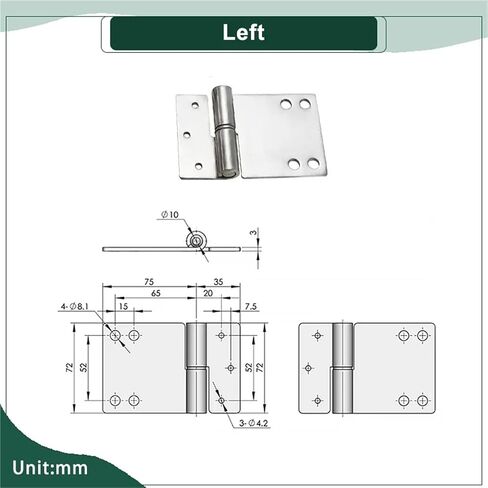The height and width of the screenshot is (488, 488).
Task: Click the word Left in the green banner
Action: (243, 32)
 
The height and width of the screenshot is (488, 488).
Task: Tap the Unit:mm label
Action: (50, 468)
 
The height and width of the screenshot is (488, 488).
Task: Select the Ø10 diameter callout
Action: (170, 214)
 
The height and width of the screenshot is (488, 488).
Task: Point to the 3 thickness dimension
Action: (254, 232)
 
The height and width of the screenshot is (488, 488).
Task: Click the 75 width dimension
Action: (149, 282)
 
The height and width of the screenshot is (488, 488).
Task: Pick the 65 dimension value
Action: (156, 293)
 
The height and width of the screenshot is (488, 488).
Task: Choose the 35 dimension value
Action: (218, 282)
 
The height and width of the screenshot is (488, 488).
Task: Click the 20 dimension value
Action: (208, 293)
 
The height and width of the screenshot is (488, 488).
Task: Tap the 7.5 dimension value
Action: (251, 306)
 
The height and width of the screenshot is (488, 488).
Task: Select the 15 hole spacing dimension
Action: (123, 306)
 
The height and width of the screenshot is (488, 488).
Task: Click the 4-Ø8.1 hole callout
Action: (75, 306)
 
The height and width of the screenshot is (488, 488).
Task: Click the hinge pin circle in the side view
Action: (197, 240)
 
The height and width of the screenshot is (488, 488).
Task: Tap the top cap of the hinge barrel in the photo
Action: (221, 89)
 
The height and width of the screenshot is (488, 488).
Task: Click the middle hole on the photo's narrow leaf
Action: (187, 135)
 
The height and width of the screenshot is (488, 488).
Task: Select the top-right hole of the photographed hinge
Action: (305, 104)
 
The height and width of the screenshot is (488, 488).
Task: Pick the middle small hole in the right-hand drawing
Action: (308, 368)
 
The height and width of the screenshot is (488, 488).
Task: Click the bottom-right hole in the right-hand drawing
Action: (422, 400)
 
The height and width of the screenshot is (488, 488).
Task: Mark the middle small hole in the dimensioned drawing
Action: (231, 368)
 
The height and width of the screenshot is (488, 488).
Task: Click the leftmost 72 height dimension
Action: (69, 368)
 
